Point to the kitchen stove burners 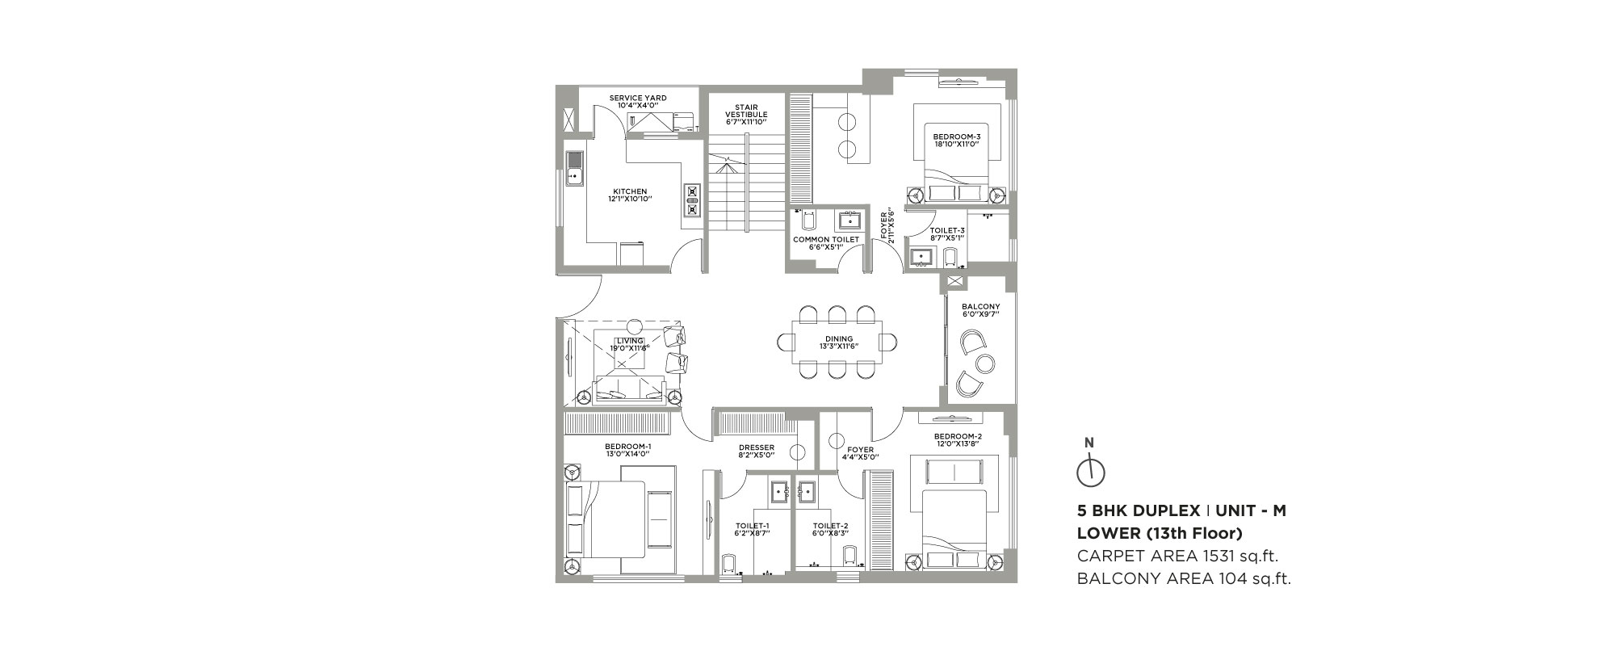pos(692,200)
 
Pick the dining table pos(835,342)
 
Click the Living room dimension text pos(630,348)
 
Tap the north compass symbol pos(1090,469)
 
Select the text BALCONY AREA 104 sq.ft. pos(1184,577)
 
